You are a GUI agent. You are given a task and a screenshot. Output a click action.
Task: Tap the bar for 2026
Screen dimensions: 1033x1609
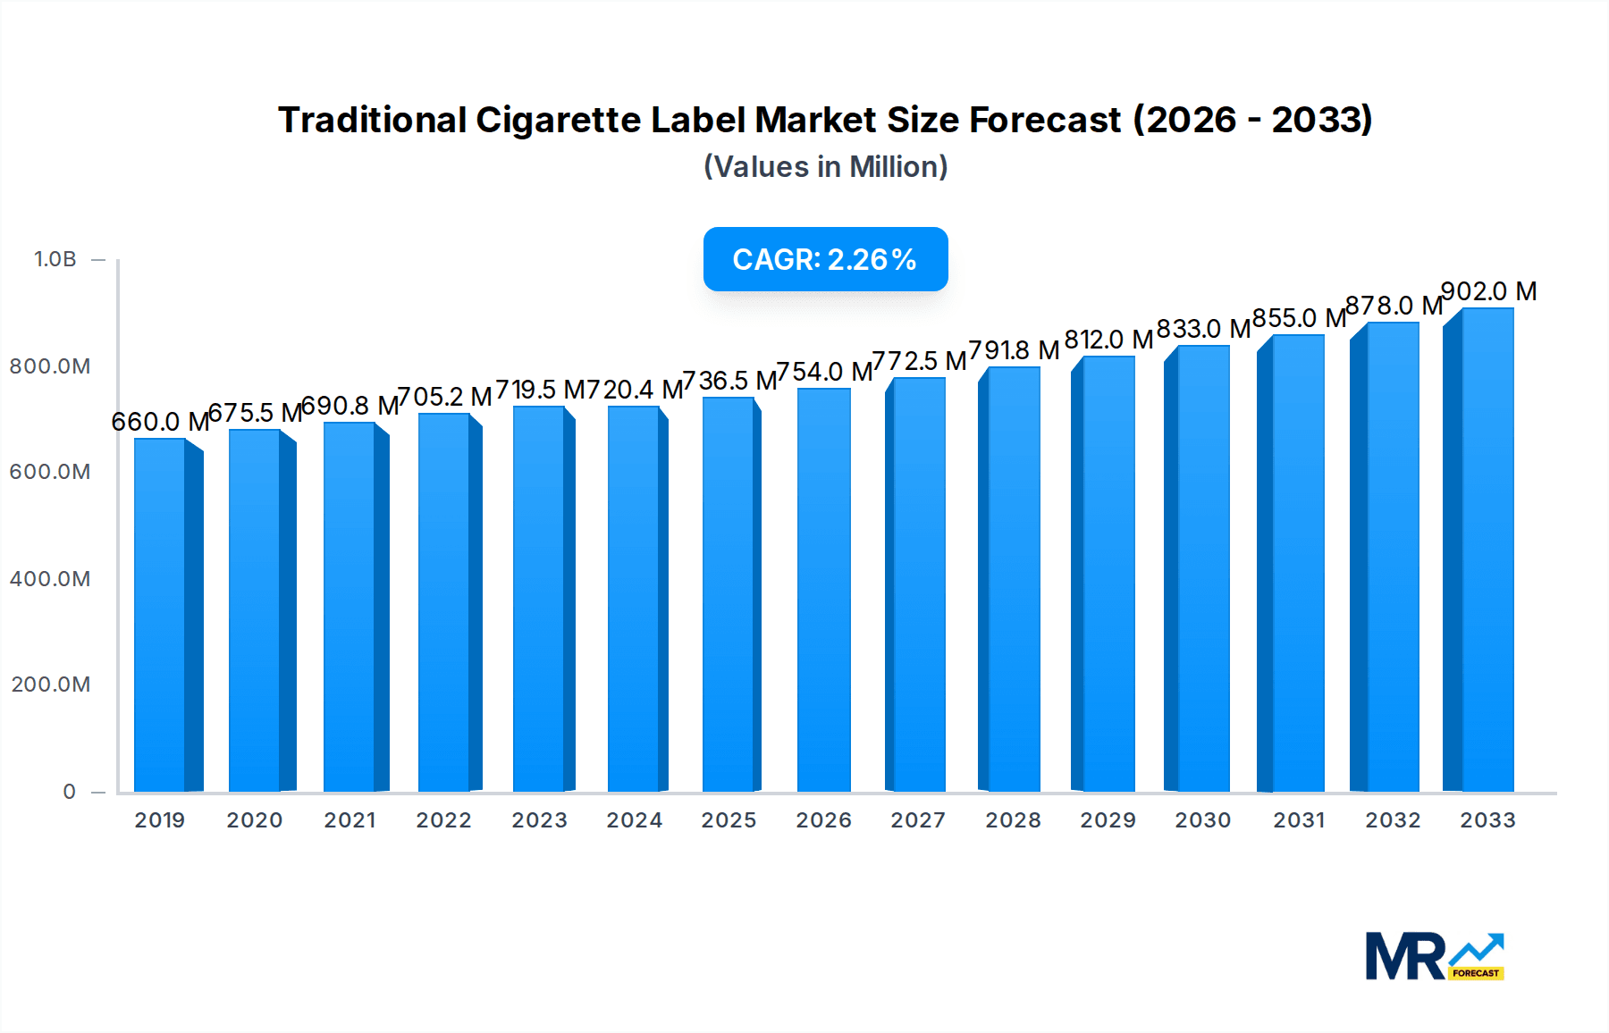tap(823, 590)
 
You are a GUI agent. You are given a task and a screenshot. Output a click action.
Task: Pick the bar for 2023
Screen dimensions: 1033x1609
tap(539, 599)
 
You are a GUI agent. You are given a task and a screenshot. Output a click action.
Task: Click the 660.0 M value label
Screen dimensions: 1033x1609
tap(160, 422)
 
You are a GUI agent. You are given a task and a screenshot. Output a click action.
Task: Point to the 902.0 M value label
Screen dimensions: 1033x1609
tap(1488, 291)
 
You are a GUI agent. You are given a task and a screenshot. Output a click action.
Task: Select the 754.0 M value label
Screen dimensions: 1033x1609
tap(824, 372)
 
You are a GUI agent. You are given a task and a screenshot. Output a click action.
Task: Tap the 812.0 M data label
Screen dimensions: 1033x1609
tap(1108, 340)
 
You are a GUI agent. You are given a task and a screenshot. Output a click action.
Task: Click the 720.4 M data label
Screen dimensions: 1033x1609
tap(636, 390)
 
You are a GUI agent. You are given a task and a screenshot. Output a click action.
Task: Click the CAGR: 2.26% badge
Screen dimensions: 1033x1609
tap(825, 259)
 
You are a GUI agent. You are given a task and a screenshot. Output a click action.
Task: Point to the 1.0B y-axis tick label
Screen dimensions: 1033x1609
tap(55, 259)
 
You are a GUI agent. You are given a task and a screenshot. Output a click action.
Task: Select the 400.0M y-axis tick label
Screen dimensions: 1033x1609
tap(50, 579)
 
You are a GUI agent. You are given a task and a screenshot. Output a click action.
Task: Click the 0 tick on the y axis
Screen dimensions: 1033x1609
tap(69, 792)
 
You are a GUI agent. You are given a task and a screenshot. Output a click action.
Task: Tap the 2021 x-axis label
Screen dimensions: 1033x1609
tap(350, 820)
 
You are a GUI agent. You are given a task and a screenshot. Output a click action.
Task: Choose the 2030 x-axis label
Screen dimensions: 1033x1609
tap(1202, 820)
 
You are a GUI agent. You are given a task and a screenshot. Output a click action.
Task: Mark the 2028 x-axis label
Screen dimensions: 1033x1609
tap(1013, 820)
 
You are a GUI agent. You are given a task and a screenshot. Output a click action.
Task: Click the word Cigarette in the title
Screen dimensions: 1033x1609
tap(558, 120)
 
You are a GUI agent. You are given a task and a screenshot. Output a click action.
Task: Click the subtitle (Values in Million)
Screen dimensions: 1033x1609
tap(825, 167)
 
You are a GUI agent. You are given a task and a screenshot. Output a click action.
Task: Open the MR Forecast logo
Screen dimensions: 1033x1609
tap(1434, 956)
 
